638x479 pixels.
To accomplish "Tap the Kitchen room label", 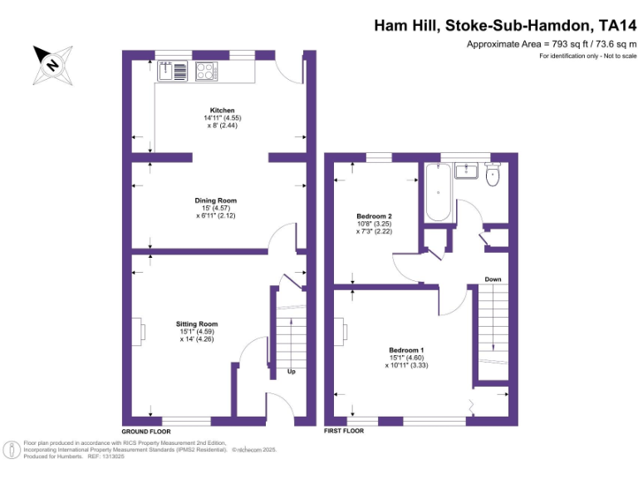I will (x=222, y=110).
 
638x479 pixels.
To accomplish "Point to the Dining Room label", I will (x=216, y=200).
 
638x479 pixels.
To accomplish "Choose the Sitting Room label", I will (x=197, y=324).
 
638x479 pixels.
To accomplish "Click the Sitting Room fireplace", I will (x=142, y=331).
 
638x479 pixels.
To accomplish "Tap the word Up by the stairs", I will (x=291, y=372).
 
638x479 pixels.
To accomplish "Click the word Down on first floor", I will (x=493, y=279).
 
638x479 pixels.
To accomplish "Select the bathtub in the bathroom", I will (x=439, y=193).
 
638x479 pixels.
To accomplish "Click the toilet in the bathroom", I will (x=492, y=173).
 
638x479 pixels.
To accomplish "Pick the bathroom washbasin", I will (x=466, y=171).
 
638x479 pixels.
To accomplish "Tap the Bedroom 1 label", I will (x=406, y=350).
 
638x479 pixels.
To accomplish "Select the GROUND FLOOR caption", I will (x=146, y=432).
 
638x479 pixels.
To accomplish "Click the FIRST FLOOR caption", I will (x=343, y=432).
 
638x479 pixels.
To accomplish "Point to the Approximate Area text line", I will (x=551, y=43).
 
